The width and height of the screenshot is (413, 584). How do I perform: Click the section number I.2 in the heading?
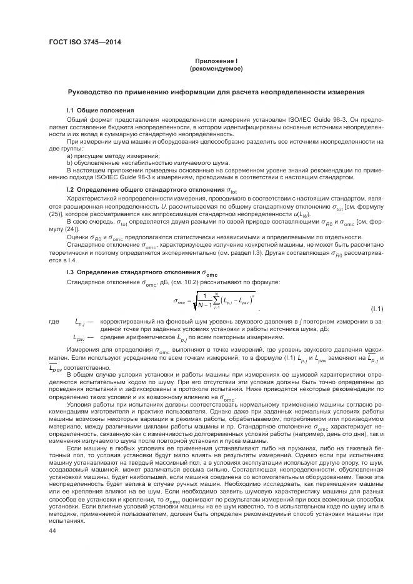71,188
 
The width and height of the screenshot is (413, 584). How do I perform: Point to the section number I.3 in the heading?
71,272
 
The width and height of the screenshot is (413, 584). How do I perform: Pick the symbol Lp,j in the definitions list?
81,322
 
